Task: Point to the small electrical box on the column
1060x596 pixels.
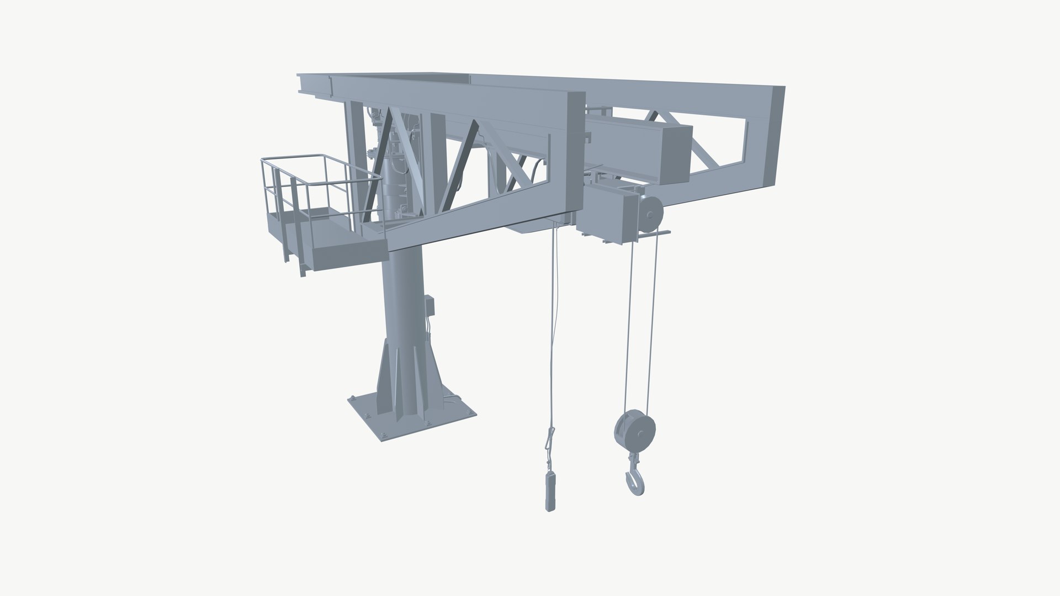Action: (x=430, y=305)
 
